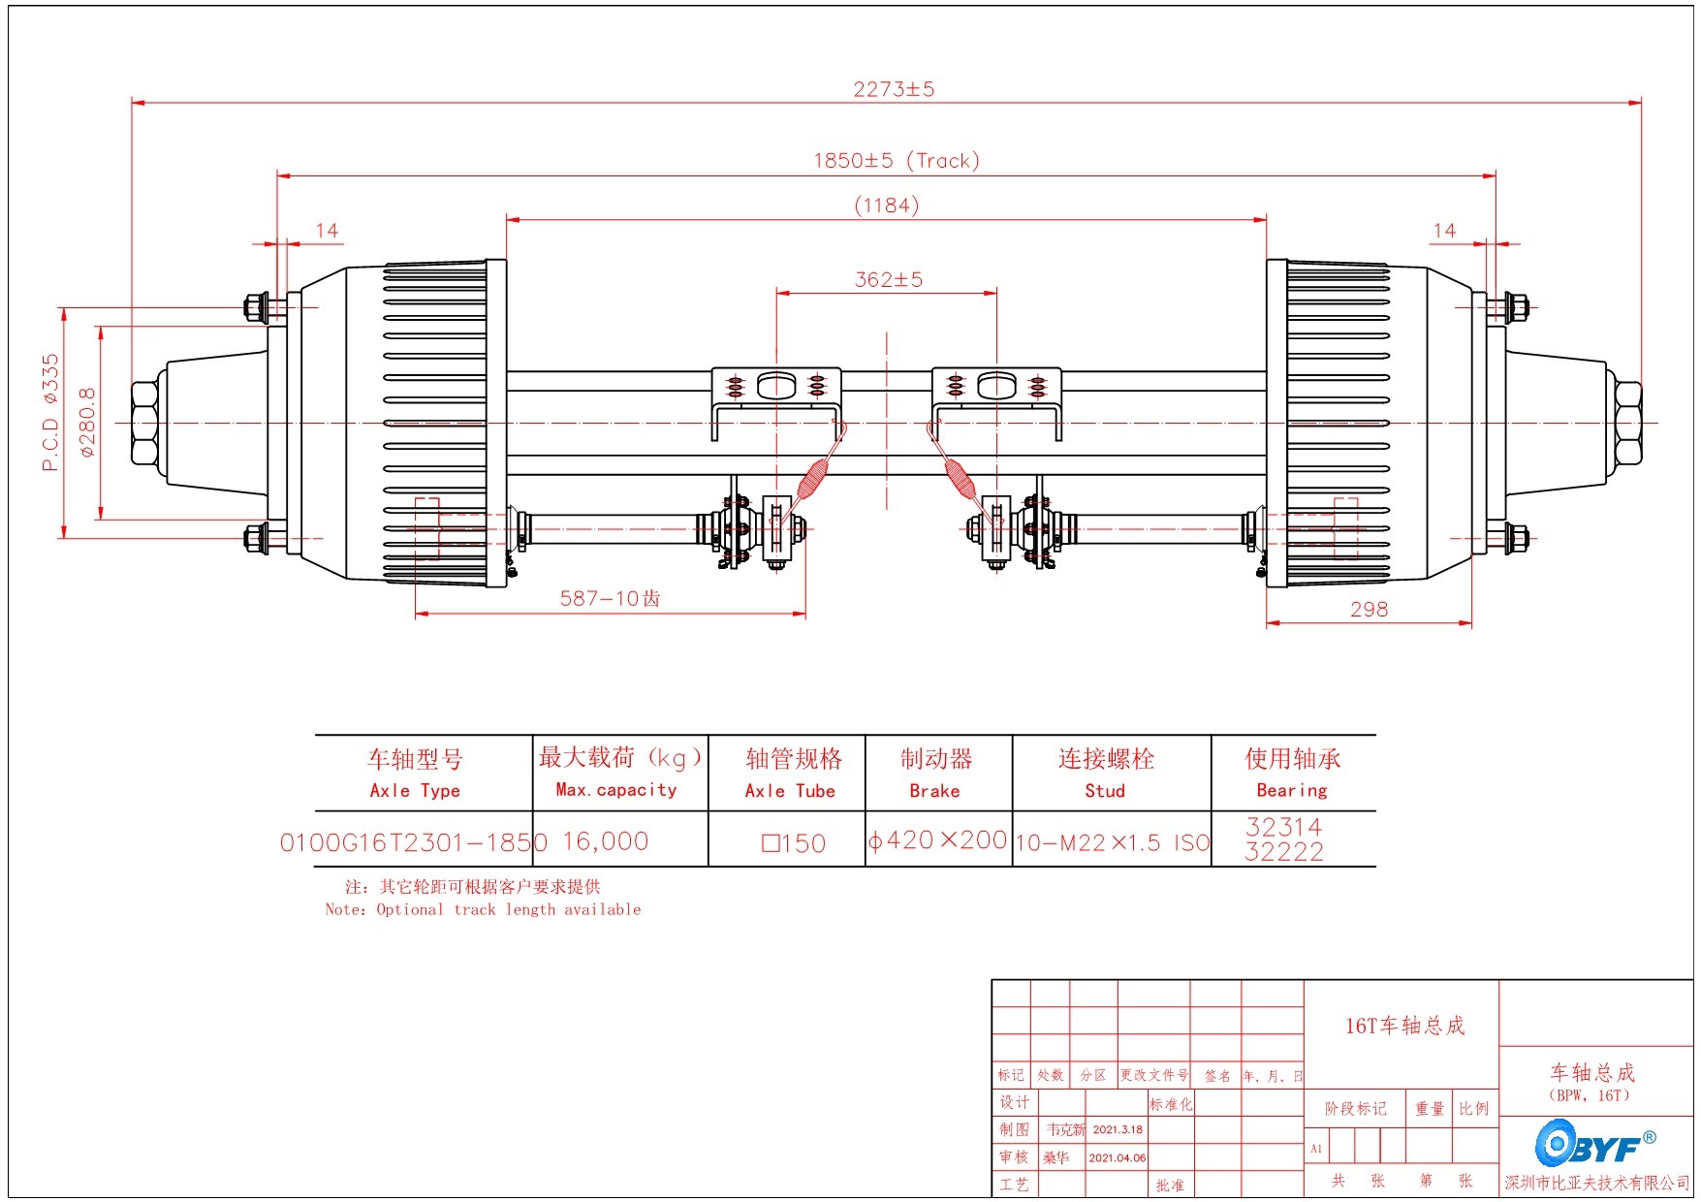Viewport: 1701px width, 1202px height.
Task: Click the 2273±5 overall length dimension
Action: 894,89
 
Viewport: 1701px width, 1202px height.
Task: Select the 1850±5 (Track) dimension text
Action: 896,161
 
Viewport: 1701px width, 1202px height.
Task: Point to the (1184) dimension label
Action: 886,206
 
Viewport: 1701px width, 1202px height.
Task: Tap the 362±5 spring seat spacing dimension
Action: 888,280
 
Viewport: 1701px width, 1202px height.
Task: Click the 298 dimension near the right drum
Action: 1369,610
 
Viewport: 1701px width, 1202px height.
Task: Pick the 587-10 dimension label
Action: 610,599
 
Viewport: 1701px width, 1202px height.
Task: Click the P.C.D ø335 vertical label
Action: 50,412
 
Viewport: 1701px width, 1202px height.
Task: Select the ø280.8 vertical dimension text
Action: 87,423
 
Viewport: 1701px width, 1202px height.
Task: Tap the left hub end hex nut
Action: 145,423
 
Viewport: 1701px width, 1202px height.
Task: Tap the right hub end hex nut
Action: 1627,423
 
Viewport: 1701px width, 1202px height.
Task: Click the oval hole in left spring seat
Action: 776,387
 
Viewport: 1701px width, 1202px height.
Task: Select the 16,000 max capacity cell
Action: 606,841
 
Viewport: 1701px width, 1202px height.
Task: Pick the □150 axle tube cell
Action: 793,843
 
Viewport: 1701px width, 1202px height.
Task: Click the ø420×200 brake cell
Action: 937,840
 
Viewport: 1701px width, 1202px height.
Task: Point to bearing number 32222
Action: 1283,852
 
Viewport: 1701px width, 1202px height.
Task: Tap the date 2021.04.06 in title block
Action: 1117,1157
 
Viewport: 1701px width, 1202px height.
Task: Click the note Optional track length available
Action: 483,909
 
